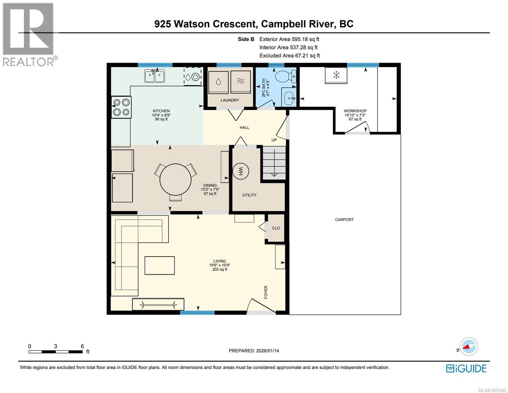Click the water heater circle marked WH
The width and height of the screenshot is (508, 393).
click(241, 171)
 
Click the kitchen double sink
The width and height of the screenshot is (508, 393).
click(155, 76)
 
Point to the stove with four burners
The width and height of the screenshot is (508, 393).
click(121, 107)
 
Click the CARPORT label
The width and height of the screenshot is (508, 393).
click(344, 220)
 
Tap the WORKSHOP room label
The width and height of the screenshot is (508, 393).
click(355, 111)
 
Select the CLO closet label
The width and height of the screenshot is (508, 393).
click(276, 228)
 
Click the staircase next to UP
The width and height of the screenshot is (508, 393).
click(274, 163)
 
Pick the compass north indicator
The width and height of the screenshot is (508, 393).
click(468, 346)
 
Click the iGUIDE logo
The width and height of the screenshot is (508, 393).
click(466, 368)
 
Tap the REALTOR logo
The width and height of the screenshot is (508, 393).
click(29, 34)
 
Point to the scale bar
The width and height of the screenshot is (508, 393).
click(55, 352)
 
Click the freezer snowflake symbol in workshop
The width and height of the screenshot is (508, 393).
click(336, 75)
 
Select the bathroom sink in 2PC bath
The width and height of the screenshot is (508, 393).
click(288, 97)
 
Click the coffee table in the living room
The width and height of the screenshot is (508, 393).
click(160, 265)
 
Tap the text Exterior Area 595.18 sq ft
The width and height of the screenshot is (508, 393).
click(289, 39)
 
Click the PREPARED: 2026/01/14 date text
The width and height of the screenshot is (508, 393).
click(254, 351)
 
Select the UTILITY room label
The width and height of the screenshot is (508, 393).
click(249, 195)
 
